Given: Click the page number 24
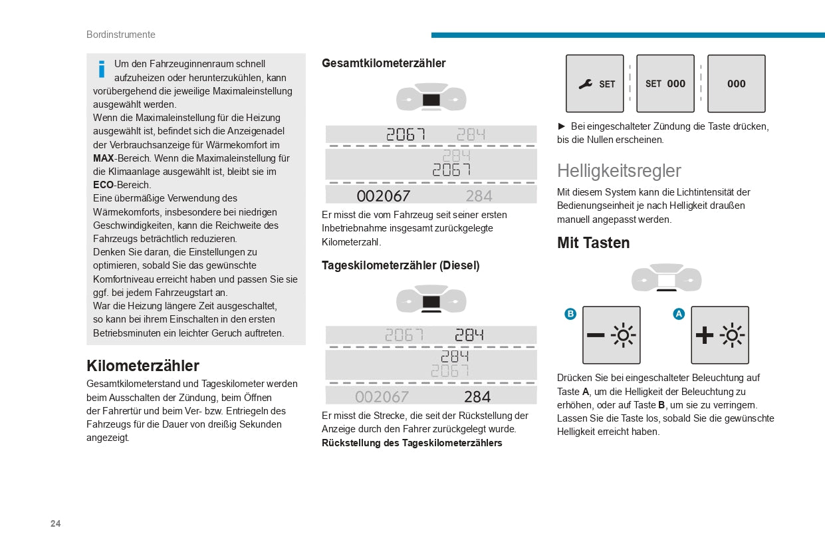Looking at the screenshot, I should pyautogui.click(x=55, y=523).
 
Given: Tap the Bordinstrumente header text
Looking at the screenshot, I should pyautogui.click(x=121, y=35).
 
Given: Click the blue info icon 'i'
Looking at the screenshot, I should pyautogui.click(x=102, y=69).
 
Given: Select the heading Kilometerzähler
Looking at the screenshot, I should pyautogui.click(x=143, y=366).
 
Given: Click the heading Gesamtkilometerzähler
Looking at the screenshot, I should pyautogui.click(x=384, y=63).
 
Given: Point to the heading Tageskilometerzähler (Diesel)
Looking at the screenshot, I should pyautogui.click(x=400, y=265).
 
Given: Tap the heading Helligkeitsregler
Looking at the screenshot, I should pyautogui.click(x=619, y=171).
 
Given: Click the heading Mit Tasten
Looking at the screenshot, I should pyautogui.click(x=593, y=243).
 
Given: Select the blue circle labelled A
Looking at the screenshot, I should pyautogui.click(x=679, y=314).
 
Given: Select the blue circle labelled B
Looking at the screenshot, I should pyautogui.click(x=570, y=314).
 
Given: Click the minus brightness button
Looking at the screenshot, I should pyautogui.click(x=611, y=335).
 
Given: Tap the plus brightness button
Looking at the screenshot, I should pyautogui.click(x=719, y=335).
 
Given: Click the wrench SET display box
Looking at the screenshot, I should pyautogui.click(x=594, y=84).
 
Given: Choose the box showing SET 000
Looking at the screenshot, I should pyautogui.click(x=665, y=84).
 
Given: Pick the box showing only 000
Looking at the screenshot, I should pyautogui.click(x=736, y=84).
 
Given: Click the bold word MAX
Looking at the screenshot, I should pyautogui.click(x=103, y=158).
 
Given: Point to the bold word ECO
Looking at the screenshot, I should pyautogui.click(x=103, y=185).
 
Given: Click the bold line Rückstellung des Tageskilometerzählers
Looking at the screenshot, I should pyautogui.click(x=412, y=443).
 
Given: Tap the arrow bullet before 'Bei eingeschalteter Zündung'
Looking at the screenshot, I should pyautogui.click(x=561, y=126).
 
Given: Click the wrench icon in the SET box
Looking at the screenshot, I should pyautogui.click(x=585, y=84).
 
